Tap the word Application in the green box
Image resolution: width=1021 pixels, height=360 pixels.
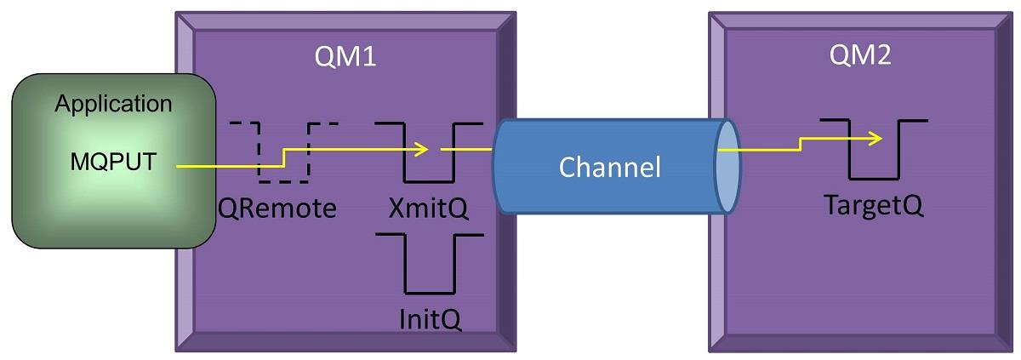112,105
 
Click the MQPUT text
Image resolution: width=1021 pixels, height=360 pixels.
112,161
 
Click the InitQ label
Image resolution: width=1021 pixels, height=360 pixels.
429,322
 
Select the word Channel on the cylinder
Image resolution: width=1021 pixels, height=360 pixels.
609,167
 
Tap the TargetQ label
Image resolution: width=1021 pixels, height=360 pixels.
873,207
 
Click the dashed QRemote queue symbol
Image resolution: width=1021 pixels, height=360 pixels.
283,153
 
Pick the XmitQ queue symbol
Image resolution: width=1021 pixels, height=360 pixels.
430,153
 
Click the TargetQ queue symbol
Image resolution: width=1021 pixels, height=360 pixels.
873,150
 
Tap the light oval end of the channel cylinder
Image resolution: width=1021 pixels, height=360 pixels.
725,167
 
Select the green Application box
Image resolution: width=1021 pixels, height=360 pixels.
112,161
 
